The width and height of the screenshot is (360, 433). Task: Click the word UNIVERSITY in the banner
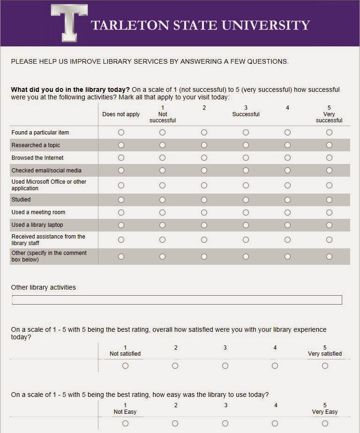[264, 25]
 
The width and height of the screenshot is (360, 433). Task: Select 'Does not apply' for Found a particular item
[121, 133]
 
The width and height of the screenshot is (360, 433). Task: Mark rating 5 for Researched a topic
[329, 145]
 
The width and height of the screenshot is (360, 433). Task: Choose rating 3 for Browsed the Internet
[246, 158]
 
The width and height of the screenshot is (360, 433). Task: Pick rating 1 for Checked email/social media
[162, 171]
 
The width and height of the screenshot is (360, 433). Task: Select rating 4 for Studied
[287, 200]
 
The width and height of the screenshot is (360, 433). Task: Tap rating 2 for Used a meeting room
[204, 212]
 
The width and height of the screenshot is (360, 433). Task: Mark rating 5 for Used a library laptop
[329, 225]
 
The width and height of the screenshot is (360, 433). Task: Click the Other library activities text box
[177, 300]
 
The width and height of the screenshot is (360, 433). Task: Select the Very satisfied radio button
[325, 366]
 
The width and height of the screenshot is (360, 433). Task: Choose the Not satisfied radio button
[125, 366]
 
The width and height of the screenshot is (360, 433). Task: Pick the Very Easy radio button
[325, 424]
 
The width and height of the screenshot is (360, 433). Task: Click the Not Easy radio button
[125, 424]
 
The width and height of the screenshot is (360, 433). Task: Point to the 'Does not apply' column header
[121, 114]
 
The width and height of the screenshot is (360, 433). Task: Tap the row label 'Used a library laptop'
[37, 225]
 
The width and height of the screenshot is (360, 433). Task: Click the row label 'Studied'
[21, 200]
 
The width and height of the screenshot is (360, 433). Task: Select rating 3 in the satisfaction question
[225, 366]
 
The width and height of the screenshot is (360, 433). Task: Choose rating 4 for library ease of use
[275, 424]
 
